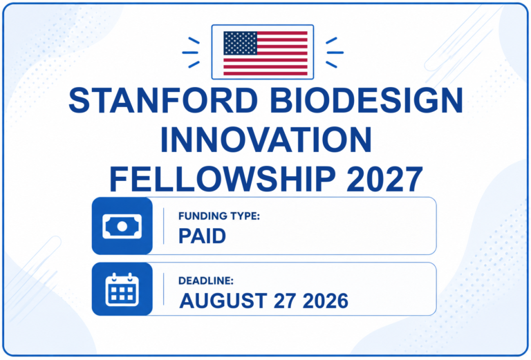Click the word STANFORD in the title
(x=163, y=100)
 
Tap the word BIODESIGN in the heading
(x=366, y=100)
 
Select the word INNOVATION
(x=265, y=140)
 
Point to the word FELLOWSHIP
(x=223, y=180)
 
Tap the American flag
(x=265, y=53)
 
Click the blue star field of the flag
(x=240, y=43)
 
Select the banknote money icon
(x=122, y=227)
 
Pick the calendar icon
(x=122, y=290)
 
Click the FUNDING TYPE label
(x=218, y=216)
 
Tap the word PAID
(x=202, y=236)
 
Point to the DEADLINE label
(x=206, y=281)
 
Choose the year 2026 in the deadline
(x=325, y=301)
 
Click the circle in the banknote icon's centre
(x=122, y=227)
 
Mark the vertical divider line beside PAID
(x=164, y=226)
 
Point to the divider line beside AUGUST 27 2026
(x=164, y=290)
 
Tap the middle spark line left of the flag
(x=190, y=53)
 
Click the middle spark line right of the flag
(x=335, y=53)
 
